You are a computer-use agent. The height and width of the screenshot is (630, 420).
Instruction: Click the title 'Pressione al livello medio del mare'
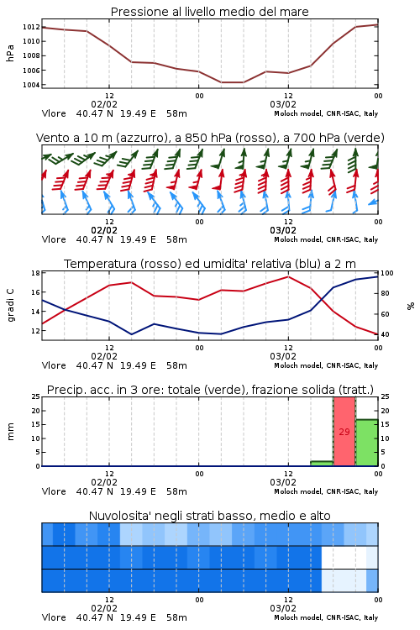click(209, 12)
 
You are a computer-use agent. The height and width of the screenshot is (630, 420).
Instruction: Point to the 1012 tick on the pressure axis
click(31, 27)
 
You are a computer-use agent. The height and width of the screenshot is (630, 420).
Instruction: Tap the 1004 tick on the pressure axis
click(31, 85)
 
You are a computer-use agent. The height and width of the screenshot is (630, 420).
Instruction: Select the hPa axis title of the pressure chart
click(10, 53)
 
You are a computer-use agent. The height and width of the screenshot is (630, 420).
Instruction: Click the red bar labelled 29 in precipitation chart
click(344, 432)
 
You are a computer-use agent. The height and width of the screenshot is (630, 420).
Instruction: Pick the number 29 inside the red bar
click(344, 432)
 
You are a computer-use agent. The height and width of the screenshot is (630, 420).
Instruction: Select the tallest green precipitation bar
click(366, 443)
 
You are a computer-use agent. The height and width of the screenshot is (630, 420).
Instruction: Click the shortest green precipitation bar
click(322, 463)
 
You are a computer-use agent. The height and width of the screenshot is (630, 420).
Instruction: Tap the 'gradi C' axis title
click(11, 306)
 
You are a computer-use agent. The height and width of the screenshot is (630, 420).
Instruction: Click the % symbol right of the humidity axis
click(411, 306)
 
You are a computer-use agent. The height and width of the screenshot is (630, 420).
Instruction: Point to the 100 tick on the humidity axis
click(387, 273)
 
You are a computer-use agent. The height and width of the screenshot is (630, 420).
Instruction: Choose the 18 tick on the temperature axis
click(35, 273)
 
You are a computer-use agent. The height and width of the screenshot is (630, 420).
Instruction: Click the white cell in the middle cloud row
click(344, 557)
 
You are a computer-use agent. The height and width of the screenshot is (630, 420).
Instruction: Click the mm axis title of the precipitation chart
click(10, 432)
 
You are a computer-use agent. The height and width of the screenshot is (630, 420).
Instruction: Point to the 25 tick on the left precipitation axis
click(36, 396)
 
